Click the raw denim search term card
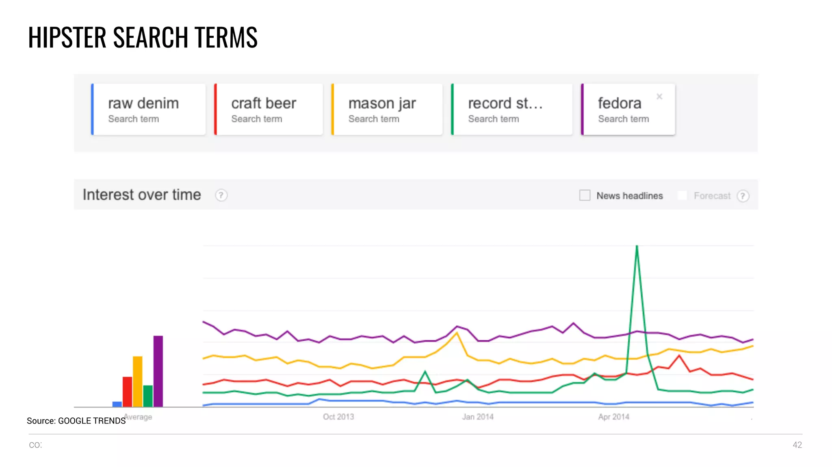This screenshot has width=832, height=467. (148, 109)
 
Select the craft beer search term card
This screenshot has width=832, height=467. (268, 109)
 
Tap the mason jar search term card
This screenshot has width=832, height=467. (387, 109)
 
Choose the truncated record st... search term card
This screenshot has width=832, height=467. (511, 109)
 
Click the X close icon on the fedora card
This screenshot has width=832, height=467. (659, 97)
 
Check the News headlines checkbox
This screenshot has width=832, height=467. (585, 195)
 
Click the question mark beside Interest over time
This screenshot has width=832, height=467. (221, 195)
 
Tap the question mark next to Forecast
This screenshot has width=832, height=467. (743, 196)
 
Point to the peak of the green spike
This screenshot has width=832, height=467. (637, 246)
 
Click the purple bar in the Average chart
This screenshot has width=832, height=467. (158, 371)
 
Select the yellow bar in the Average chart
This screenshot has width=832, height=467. (138, 381)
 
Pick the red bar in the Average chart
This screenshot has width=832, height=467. (127, 391)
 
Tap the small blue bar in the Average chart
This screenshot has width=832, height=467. (117, 404)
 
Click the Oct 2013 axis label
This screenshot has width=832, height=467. (338, 417)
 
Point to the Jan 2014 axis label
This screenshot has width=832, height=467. (477, 417)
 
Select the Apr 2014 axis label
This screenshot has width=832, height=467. (613, 417)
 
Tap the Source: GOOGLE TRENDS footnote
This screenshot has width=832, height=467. (76, 421)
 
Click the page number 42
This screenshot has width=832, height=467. (797, 445)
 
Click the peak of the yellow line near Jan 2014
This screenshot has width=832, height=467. (457, 333)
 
